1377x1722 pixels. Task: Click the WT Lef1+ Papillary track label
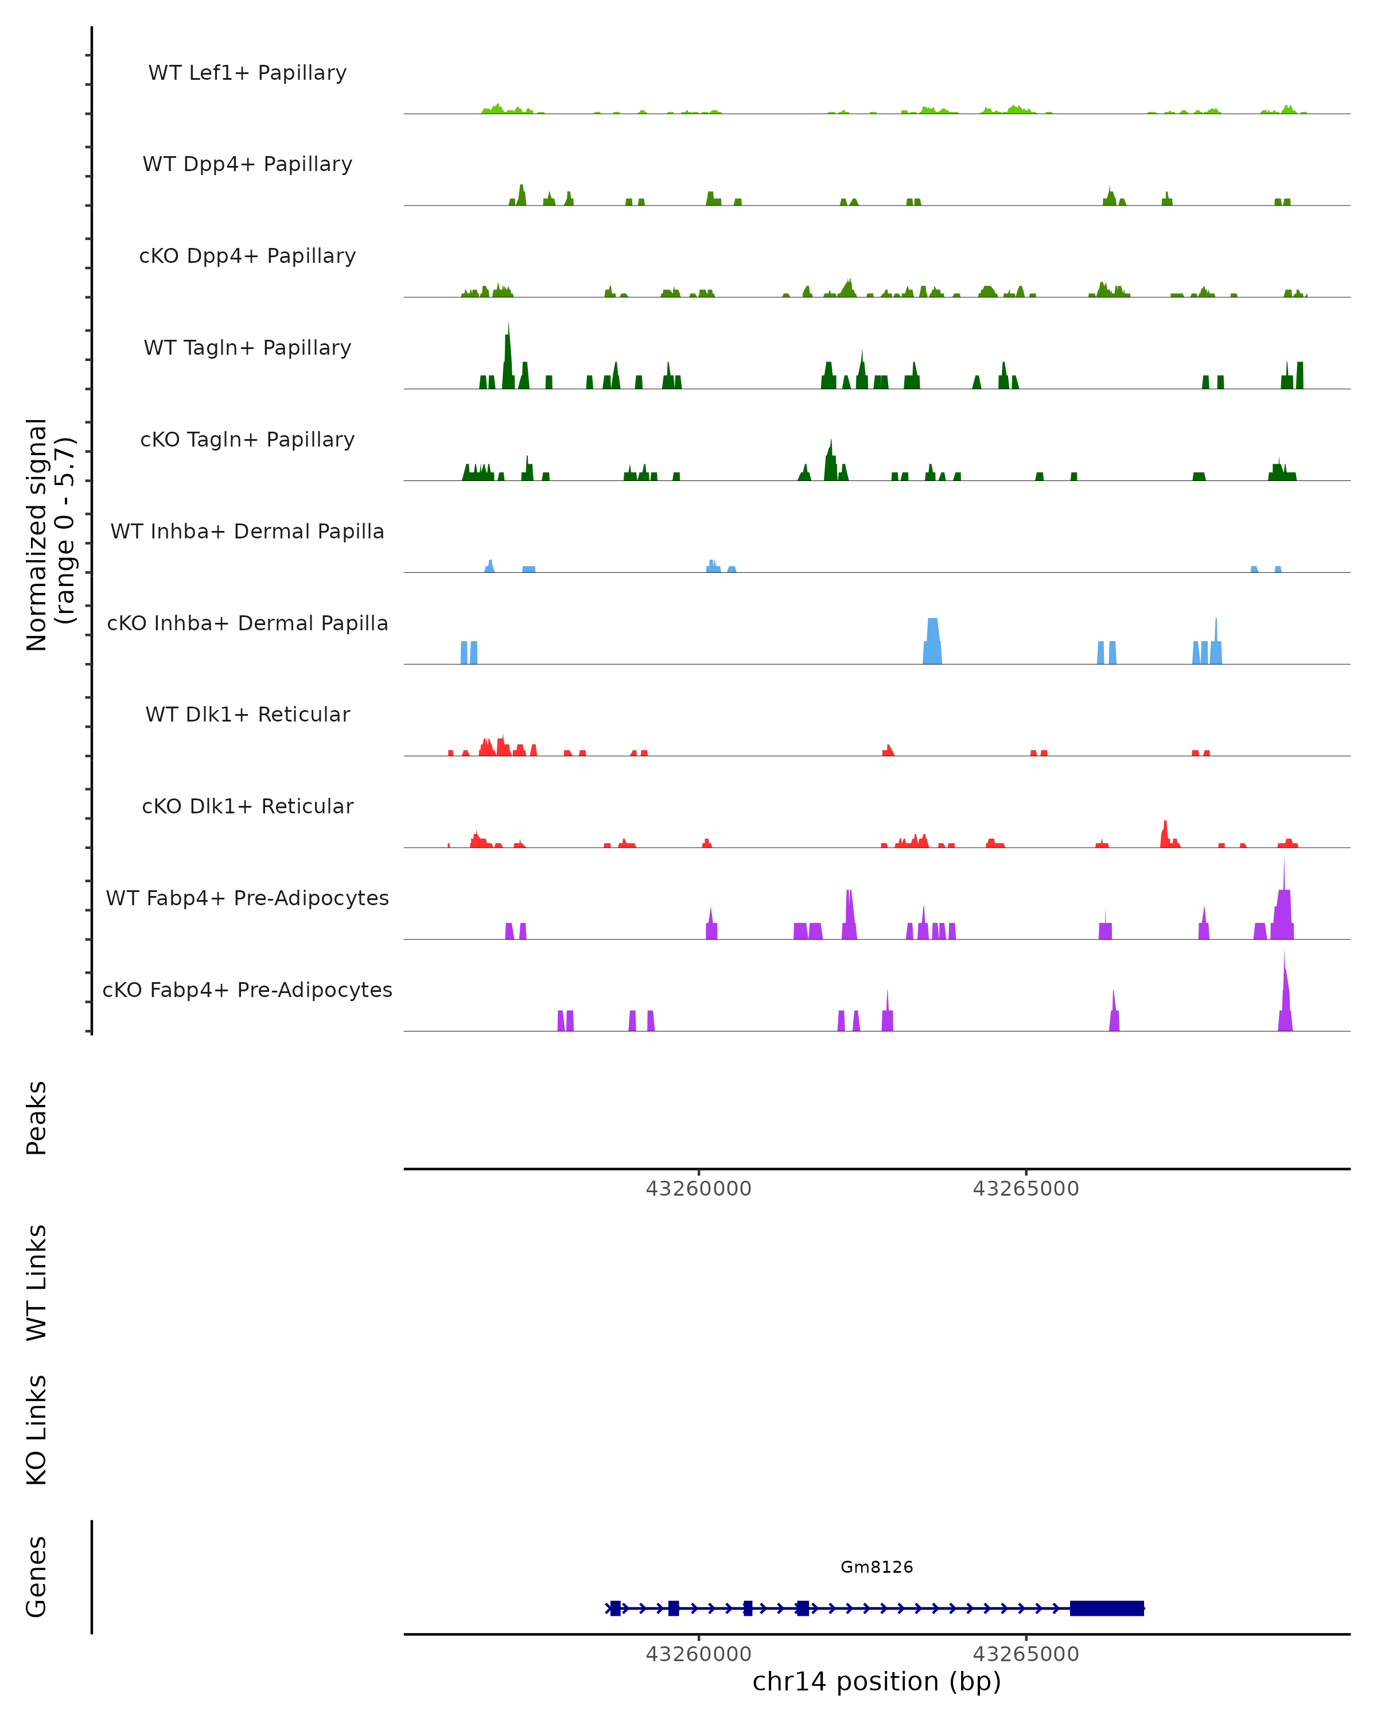point(247,73)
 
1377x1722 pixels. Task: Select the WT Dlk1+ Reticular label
point(247,714)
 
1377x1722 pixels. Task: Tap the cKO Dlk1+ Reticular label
point(247,806)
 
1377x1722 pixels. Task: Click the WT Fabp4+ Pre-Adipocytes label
point(247,898)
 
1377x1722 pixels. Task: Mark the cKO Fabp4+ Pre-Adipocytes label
point(247,990)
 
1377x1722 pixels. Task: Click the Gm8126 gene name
point(877,1567)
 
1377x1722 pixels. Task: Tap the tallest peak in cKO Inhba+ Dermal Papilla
point(932,635)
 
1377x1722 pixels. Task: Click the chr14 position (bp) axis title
point(877,1681)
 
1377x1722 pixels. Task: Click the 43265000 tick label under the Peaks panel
point(1026,1189)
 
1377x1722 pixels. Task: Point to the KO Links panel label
point(37,1430)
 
